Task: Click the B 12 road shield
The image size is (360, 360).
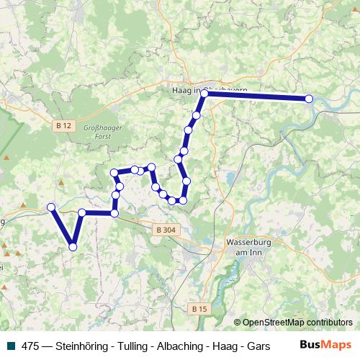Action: pos(63,125)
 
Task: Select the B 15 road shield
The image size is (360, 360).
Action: pos(199,308)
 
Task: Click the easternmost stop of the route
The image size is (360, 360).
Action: pos(310,99)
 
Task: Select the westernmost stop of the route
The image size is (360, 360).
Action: pos(51,207)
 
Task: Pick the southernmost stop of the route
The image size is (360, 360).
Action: pos(73,247)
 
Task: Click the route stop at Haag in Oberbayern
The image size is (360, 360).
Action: pos(204,94)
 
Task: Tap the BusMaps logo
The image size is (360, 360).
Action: pos(325,345)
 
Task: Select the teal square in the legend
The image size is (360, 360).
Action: pos(9,346)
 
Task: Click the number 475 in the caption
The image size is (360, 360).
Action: pos(30,346)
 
